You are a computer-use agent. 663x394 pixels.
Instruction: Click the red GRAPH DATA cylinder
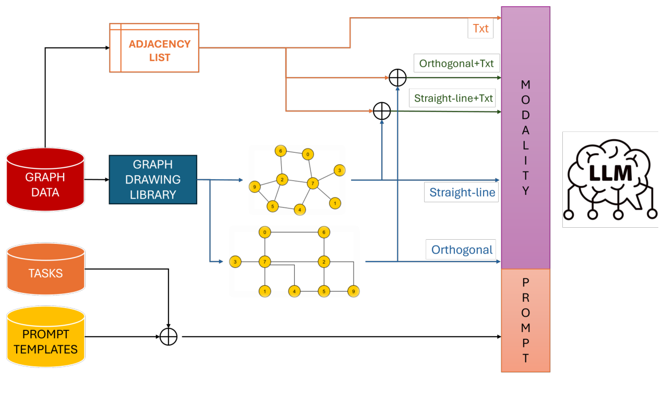(x=45, y=180)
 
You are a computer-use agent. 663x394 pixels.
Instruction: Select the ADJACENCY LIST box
(x=154, y=48)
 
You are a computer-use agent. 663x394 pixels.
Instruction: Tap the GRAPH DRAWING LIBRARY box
(x=153, y=179)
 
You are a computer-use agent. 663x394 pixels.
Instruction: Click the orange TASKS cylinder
(x=45, y=270)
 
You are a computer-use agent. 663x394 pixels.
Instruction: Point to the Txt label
(x=480, y=28)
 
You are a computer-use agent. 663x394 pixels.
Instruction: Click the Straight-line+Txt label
(x=453, y=97)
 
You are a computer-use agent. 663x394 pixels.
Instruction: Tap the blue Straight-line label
(x=462, y=192)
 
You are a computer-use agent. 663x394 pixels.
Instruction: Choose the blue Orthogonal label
(x=462, y=250)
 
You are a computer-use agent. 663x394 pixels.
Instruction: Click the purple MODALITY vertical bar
(x=525, y=138)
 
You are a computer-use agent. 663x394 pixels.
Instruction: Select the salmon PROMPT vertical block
(x=525, y=320)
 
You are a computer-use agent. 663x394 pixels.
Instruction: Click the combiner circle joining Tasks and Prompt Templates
(x=168, y=337)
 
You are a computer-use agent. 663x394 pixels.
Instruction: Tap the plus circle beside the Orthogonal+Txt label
(x=397, y=78)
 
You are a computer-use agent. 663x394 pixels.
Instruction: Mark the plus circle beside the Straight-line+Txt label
(x=382, y=110)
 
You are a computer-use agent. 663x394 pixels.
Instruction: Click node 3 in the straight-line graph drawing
(x=340, y=170)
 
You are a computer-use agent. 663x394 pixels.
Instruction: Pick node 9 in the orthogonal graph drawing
(x=354, y=291)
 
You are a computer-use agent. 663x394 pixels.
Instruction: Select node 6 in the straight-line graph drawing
(x=281, y=151)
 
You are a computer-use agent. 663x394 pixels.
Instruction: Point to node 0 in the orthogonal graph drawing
(x=265, y=232)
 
